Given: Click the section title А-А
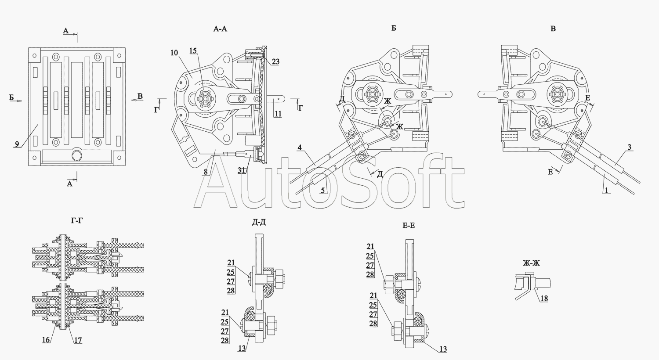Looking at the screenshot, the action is [x=220, y=29].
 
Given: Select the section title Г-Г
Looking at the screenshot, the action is [x=77, y=220].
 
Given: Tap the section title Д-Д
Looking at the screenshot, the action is [x=259, y=222].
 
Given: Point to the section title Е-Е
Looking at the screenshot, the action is [x=409, y=225].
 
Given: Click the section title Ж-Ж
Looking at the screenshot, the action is [x=531, y=263].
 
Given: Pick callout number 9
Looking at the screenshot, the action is [x=17, y=144].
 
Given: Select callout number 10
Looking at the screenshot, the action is [x=174, y=53].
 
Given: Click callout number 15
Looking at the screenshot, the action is [x=193, y=51].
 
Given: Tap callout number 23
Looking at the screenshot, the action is [x=275, y=62].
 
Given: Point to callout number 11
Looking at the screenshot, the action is [x=278, y=114].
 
